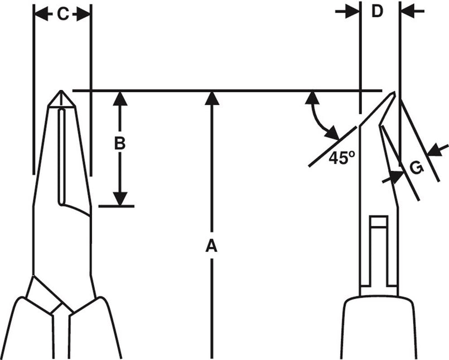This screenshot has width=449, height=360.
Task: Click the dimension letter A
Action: click(210, 245)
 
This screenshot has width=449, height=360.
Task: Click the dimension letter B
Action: click(119, 143)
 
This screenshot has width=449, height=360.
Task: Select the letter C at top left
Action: click(62, 15)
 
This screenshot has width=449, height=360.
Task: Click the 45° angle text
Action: click(341, 158)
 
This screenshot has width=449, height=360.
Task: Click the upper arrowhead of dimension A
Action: click(210, 98)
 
